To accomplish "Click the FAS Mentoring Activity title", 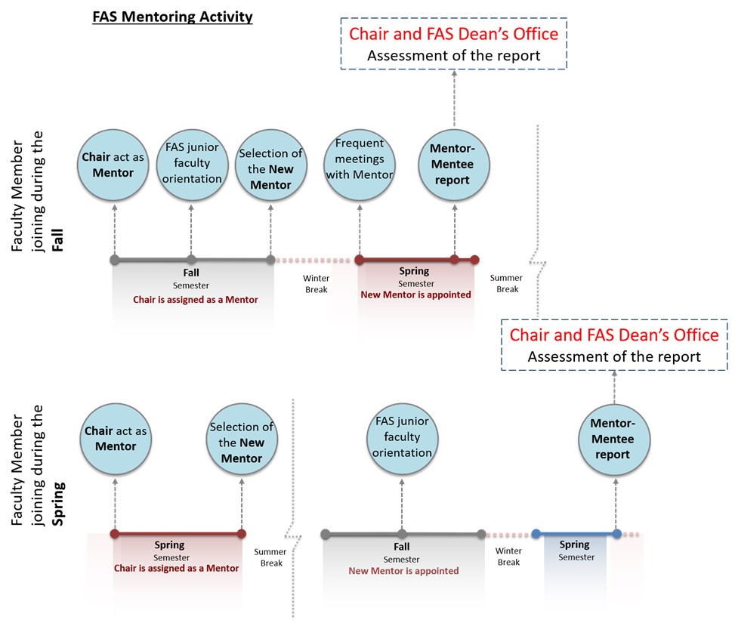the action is [x=172, y=17].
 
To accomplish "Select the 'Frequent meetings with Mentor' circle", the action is [x=360, y=165].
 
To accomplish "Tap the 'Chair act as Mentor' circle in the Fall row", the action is [x=113, y=165].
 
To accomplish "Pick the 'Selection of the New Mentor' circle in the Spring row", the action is [x=242, y=439].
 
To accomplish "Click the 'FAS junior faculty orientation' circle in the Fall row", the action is [x=192, y=165].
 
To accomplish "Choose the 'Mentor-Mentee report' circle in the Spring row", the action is [x=614, y=440].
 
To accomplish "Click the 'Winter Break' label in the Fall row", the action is [x=317, y=284].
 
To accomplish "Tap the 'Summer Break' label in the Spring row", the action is [x=270, y=557].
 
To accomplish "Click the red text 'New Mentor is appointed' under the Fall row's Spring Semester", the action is [x=415, y=295].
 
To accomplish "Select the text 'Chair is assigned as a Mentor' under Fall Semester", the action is [x=196, y=300].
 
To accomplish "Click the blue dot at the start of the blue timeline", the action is [x=536, y=533].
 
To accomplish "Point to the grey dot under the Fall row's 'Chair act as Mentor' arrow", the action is [x=115, y=260].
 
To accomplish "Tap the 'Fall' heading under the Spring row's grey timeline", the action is [x=402, y=547].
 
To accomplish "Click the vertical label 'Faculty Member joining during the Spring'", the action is [x=38, y=465].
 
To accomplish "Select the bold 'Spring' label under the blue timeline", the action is [x=574, y=544].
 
